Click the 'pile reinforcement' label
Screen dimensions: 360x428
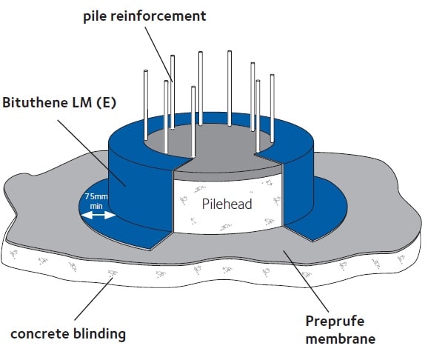point(144,16)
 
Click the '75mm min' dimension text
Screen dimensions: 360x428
point(98,201)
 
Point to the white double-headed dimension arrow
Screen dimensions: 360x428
point(98,216)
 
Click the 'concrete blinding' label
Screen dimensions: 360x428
point(68,333)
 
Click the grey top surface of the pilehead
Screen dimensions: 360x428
point(222,163)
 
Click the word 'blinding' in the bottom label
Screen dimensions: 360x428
point(96,333)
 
